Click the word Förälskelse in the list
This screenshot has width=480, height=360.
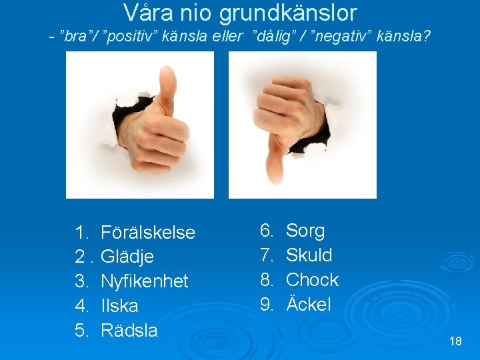[x=147, y=233]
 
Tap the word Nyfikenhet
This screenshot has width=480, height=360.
[x=144, y=281]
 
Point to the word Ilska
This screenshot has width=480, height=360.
[x=119, y=306]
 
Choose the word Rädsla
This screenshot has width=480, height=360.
[x=129, y=331]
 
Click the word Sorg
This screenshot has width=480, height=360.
[x=305, y=231]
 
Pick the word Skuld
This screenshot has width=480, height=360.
[x=309, y=255]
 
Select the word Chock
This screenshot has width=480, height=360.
[x=312, y=280]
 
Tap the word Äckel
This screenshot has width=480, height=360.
[x=308, y=305]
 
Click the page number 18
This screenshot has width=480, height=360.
[x=455, y=341]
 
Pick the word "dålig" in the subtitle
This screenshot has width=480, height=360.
[x=274, y=35]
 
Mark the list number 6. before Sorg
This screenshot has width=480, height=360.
[x=266, y=231]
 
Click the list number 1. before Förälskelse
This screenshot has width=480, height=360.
[x=82, y=233]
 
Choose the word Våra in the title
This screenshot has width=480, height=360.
[x=146, y=13]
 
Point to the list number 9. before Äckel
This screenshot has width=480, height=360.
[x=266, y=305]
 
